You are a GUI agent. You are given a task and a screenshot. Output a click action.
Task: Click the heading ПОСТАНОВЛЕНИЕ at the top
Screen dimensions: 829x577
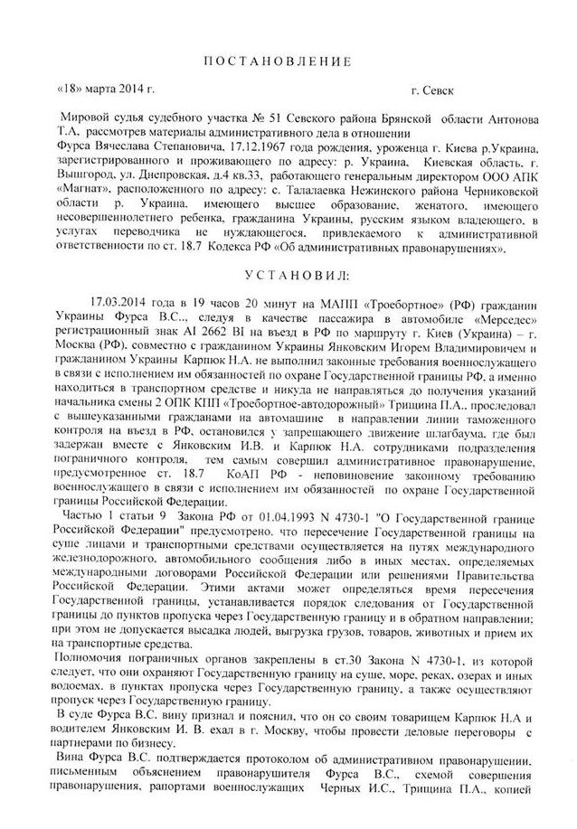click(288, 61)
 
